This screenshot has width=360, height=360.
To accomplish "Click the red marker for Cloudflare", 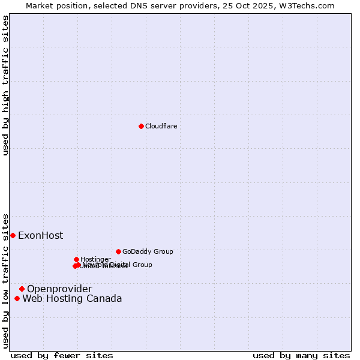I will click(x=141, y=126).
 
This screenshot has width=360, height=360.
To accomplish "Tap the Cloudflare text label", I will click(x=161, y=126).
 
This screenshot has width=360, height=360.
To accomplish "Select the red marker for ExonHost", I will click(x=13, y=235).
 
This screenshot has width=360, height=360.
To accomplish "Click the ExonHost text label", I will click(x=40, y=235).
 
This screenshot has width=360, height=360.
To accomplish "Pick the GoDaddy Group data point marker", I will click(x=118, y=251).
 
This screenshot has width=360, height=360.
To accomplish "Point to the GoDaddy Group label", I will click(x=148, y=251).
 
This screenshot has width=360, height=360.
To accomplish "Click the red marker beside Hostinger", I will click(x=76, y=259).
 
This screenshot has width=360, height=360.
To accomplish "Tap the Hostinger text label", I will click(x=95, y=259).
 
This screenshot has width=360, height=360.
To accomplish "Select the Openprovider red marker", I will click(x=22, y=289).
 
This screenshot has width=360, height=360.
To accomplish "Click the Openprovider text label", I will click(x=59, y=289).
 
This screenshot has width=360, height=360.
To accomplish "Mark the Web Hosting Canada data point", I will click(x=17, y=298).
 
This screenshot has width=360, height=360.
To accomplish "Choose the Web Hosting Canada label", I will click(x=72, y=298).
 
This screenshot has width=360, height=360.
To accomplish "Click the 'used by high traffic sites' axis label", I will click(x=5, y=85).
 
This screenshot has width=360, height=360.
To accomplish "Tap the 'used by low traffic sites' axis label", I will click(x=5, y=280).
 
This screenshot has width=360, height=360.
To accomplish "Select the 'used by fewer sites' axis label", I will click(x=62, y=355).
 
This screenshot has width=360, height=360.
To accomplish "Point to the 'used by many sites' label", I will click(x=301, y=355).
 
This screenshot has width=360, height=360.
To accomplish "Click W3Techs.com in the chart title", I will click(x=305, y=5).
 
